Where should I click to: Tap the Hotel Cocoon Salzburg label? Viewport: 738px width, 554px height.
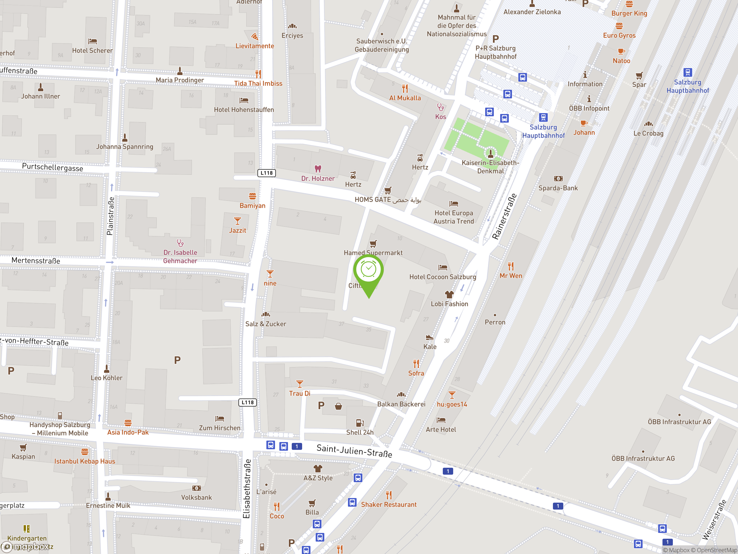coord(443,277)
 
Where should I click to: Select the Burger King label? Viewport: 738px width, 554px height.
coord(629,13)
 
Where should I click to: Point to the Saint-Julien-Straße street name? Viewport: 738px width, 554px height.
coord(354,450)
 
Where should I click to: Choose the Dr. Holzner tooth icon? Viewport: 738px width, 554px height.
coord(318,169)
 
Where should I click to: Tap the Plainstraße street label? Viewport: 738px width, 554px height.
coord(110,216)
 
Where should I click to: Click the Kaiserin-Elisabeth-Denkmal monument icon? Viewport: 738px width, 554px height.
coord(490,153)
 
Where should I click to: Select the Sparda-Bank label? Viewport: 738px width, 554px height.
coord(558,188)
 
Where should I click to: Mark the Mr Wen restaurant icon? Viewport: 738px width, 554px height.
coord(511,266)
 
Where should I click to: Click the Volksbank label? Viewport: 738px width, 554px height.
coord(196,497)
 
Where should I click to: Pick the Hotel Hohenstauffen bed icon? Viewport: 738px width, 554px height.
coord(244,100)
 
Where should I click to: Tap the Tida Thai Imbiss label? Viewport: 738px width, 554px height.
coord(258,83)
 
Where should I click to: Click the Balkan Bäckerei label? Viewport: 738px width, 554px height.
coord(401,404)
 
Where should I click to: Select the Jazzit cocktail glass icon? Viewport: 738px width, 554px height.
coord(237,221)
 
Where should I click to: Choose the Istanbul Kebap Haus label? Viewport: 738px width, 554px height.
coord(84,461)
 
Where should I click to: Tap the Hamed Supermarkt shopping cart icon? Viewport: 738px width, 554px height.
coord(373,244)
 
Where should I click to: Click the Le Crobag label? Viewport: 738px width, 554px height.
coord(648,134)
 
